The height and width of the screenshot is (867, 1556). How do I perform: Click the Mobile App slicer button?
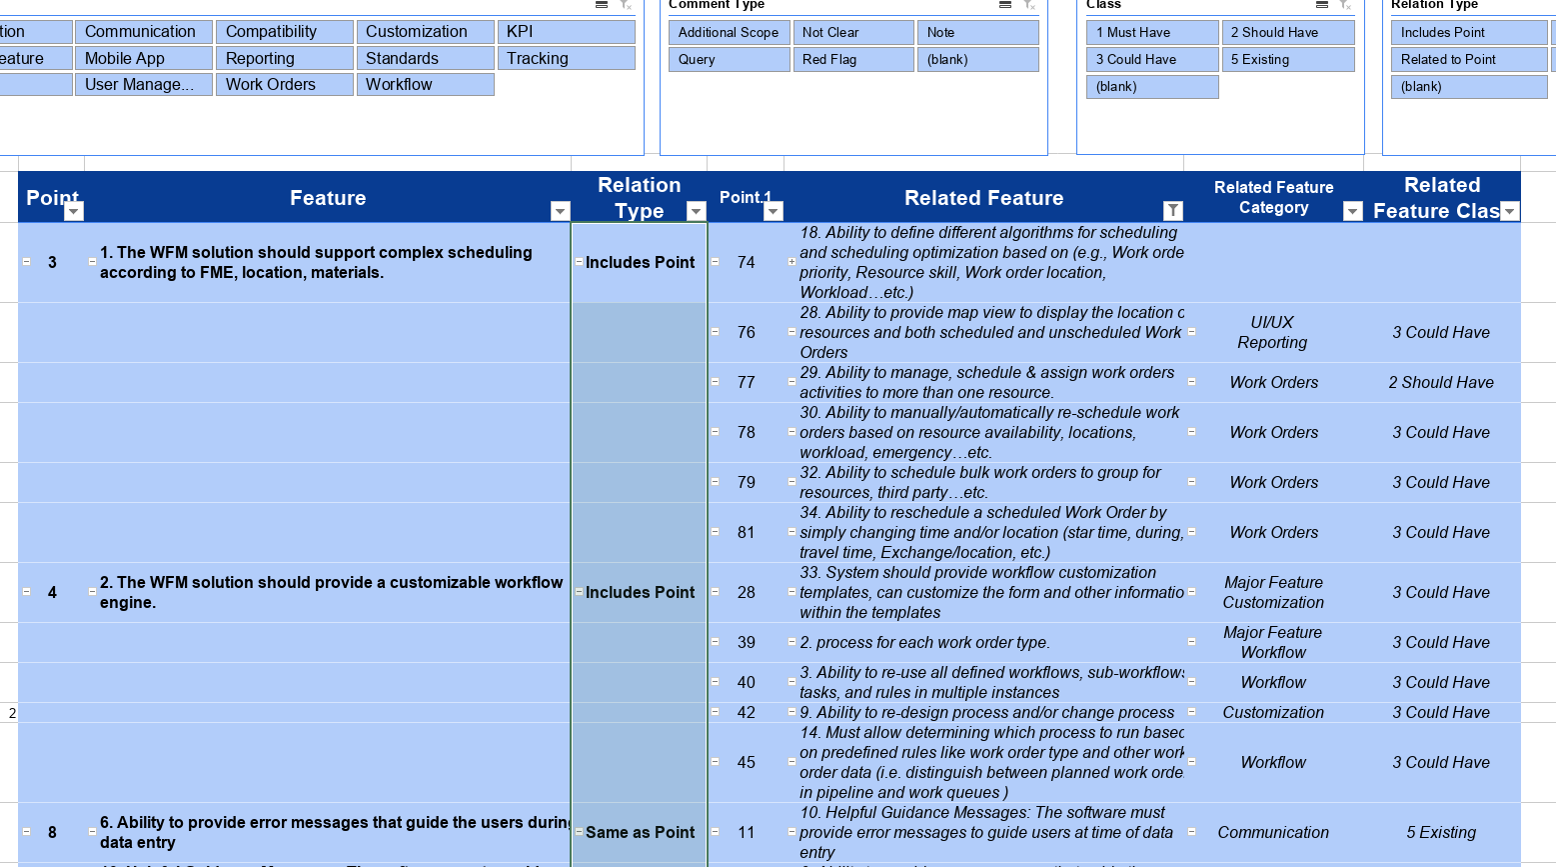click(x=143, y=58)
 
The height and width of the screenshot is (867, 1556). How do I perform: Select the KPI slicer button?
click(x=566, y=32)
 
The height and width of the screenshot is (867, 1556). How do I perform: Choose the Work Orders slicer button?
click(x=284, y=84)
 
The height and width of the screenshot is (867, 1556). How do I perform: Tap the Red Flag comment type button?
click(x=852, y=59)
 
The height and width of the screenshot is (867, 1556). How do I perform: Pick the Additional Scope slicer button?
click(x=729, y=32)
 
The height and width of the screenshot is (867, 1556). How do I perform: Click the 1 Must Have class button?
click(x=1151, y=32)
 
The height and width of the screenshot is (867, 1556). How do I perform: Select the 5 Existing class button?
click(x=1287, y=59)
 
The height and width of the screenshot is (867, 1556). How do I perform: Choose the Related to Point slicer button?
click(x=1468, y=59)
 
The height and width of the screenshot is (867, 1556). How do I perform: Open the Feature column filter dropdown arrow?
click(x=560, y=211)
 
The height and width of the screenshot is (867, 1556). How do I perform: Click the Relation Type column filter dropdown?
click(x=696, y=211)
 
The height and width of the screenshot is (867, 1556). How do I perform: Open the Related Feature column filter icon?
click(x=1173, y=211)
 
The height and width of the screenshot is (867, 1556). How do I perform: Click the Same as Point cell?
click(x=640, y=832)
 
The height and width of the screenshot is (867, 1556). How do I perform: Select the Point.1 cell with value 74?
click(x=747, y=262)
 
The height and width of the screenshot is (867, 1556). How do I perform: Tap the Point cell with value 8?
click(x=52, y=832)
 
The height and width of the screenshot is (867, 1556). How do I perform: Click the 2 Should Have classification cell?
click(x=1441, y=382)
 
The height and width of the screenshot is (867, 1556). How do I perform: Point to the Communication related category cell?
click(x=1273, y=832)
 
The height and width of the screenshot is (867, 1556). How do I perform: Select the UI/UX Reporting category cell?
click(x=1272, y=332)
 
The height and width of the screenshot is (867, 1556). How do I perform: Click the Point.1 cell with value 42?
click(x=747, y=712)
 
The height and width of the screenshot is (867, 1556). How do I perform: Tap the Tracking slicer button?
click(x=566, y=58)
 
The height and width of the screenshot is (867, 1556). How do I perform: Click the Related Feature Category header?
click(x=1273, y=197)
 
